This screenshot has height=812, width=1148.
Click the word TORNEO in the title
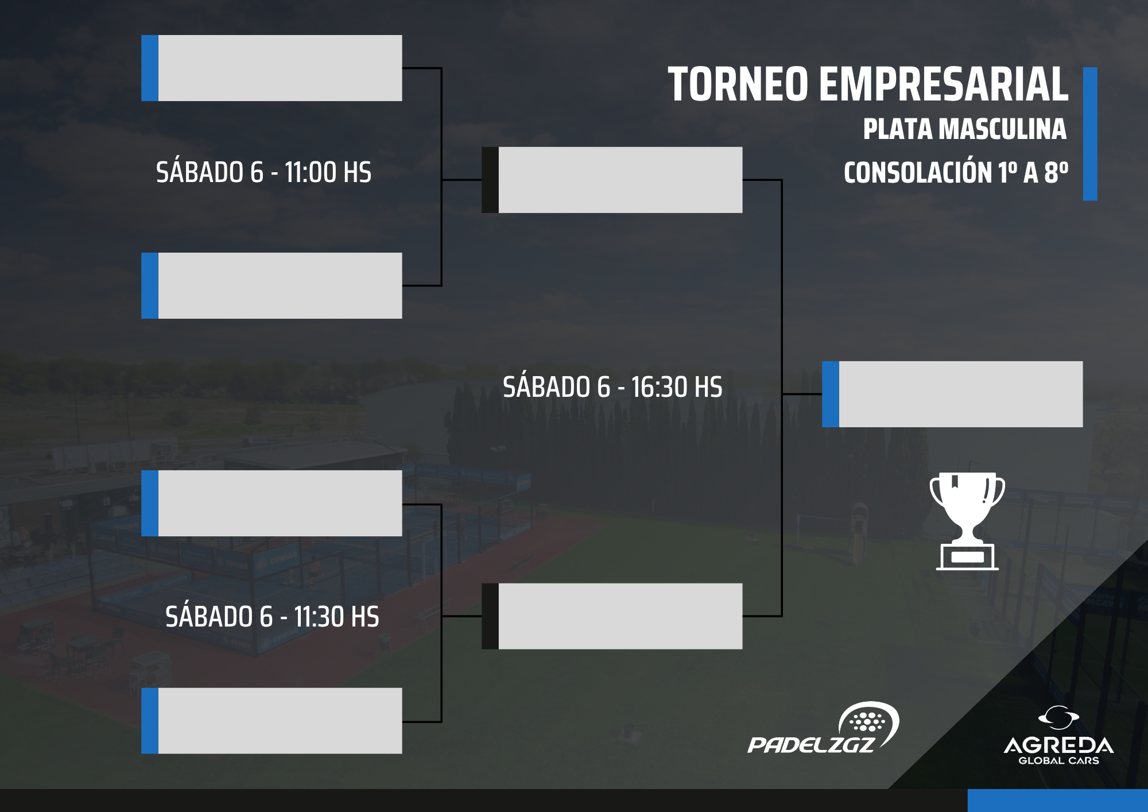click(738, 84)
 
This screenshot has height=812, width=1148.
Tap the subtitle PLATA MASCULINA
click(965, 129)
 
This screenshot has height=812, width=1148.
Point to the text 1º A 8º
click(1033, 172)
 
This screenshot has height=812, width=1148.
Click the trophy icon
click(967, 521)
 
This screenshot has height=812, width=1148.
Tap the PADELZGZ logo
click(823, 728)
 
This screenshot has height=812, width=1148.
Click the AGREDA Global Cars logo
click(1059, 736)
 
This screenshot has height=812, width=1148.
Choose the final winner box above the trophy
click(952, 394)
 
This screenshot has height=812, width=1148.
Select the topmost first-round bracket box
click(272, 68)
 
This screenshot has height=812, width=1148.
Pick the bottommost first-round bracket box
click(272, 721)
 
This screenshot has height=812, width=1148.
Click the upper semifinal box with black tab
click(612, 180)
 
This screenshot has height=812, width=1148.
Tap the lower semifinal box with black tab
click(612, 616)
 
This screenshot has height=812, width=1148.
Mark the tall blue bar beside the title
click(1090, 134)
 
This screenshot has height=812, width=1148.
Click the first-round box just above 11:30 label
click(272, 503)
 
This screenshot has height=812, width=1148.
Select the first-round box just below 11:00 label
click(272, 285)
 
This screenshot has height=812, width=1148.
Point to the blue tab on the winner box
click(831, 394)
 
